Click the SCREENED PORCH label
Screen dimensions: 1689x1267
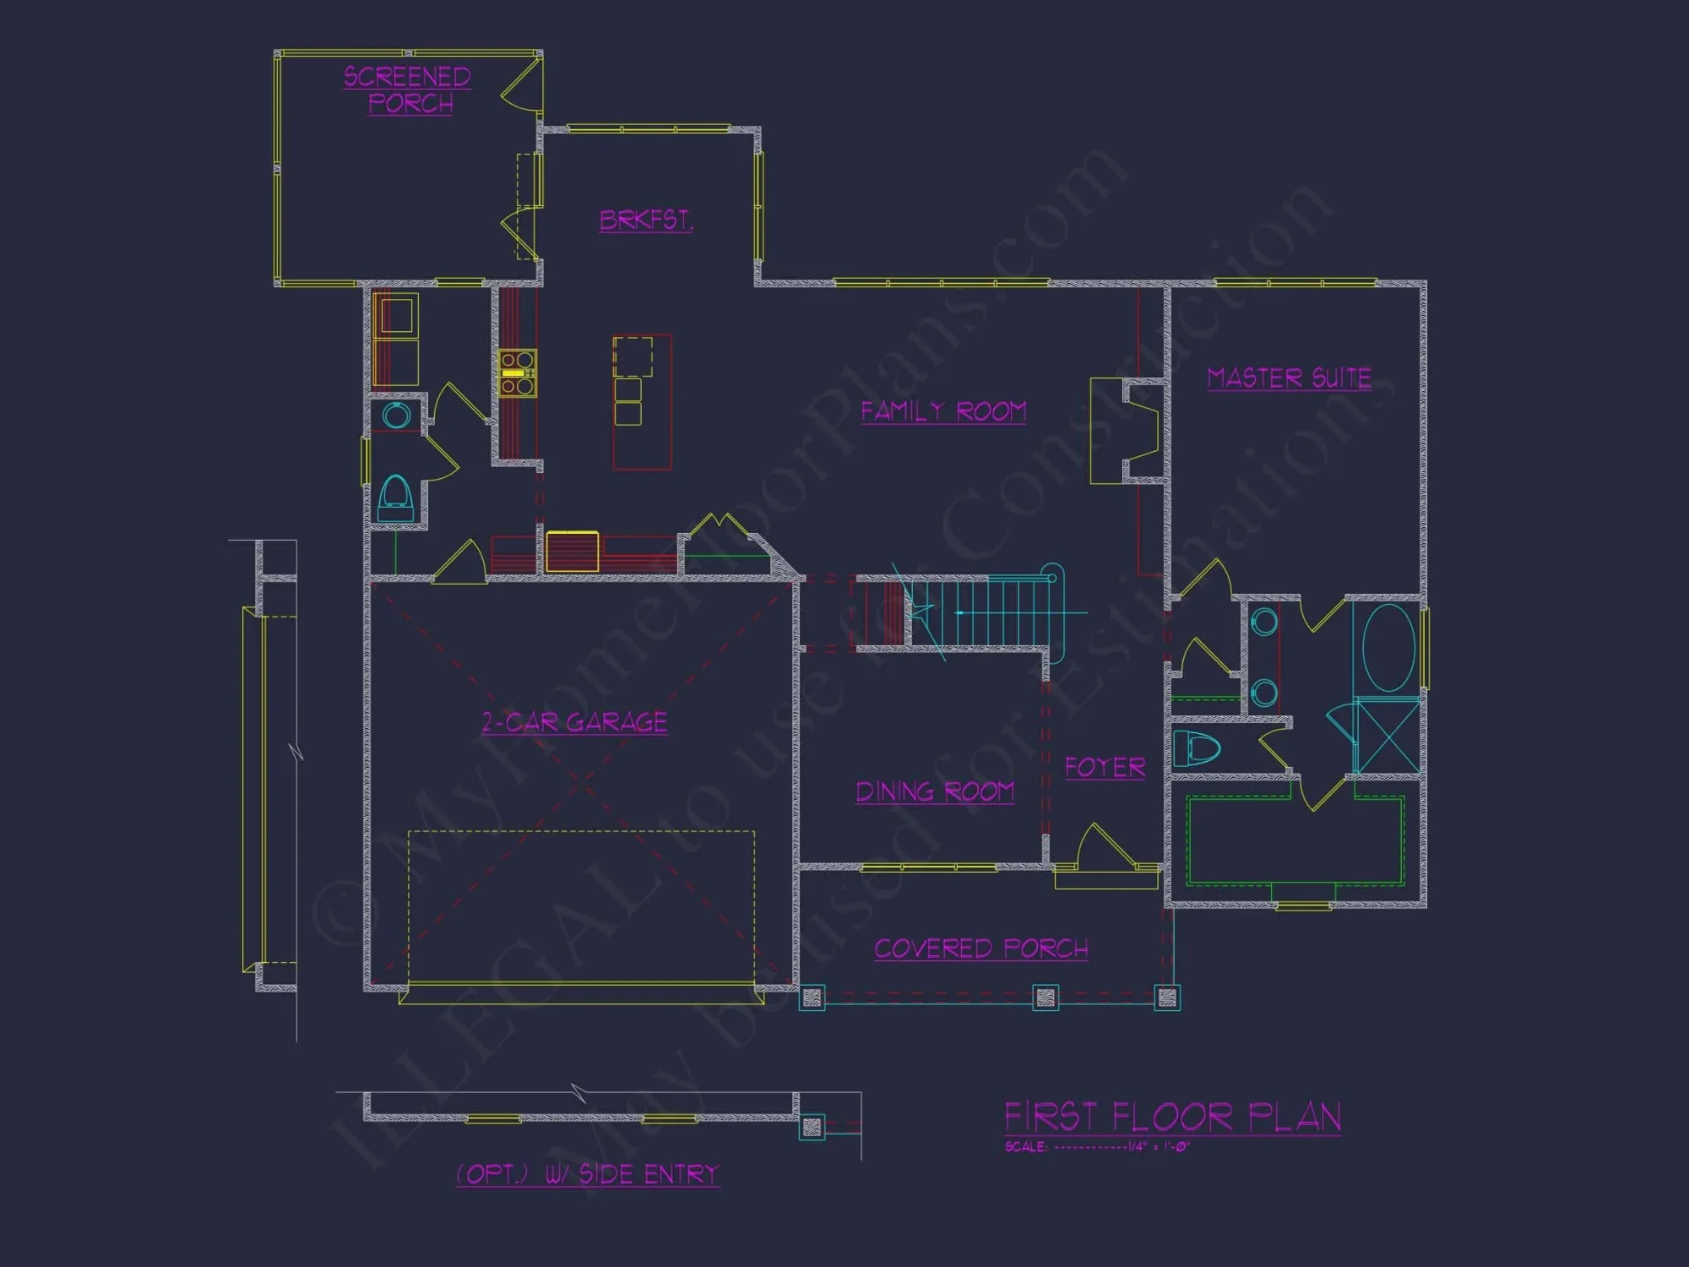(x=408, y=90)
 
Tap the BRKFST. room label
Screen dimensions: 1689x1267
(x=646, y=220)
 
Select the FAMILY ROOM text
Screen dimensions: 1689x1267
(x=943, y=411)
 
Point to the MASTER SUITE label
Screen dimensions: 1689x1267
(x=1289, y=378)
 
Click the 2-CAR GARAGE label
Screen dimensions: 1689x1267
(x=574, y=722)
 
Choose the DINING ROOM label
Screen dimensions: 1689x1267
(x=935, y=791)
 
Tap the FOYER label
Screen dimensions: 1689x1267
(x=1105, y=767)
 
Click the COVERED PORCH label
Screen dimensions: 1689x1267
(x=981, y=949)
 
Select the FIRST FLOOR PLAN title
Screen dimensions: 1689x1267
(x=1172, y=1117)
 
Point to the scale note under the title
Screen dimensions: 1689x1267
(x=1097, y=1147)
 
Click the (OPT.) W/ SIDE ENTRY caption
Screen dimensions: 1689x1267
(x=588, y=1174)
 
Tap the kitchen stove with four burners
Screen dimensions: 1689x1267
(x=517, y=372)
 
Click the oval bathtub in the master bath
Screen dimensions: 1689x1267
(x=1388, y=647)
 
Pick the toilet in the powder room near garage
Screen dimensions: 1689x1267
(x=395, y=498)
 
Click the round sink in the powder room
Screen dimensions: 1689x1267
(x=396, y=416)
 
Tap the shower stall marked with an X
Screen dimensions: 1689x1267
(x=1388, y=736)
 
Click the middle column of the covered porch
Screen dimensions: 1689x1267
(x=1045, y=998)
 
